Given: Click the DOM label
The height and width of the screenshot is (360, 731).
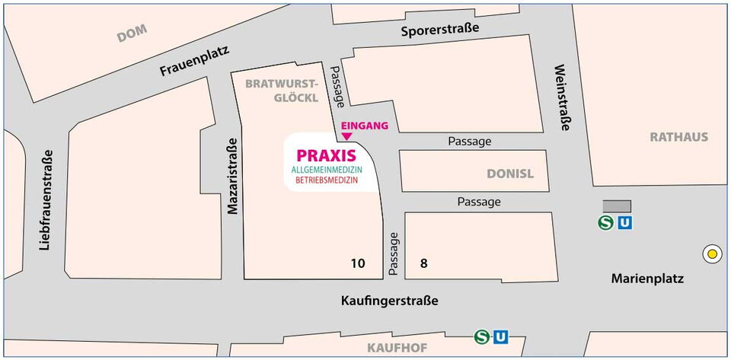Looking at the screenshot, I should click(132, 33).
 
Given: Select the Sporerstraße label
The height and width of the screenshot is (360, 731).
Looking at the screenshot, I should click(441, 30).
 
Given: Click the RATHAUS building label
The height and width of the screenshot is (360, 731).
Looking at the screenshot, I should click(678, 137).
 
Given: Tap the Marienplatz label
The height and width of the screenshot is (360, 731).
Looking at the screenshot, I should click(647, 279).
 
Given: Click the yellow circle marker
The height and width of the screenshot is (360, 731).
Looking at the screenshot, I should click(713, 254).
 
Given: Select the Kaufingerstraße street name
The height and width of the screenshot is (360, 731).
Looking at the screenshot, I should click(390, 301).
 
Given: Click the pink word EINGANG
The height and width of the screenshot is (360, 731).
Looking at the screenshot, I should click(365, 125).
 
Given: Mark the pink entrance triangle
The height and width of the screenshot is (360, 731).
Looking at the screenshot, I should click(347, 137).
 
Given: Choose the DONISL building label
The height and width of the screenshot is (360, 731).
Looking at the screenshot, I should click(510, 174).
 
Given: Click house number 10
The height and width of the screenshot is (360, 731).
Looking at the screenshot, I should click(358, 263).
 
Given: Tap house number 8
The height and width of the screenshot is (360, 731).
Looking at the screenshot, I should click(423, 263).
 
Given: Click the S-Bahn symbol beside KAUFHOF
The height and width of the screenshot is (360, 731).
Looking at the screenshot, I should click(481, 336).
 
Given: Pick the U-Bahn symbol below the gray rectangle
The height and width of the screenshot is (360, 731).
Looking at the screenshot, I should click(624, 223).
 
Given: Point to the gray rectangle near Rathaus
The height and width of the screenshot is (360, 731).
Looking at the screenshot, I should click(617, 205).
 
